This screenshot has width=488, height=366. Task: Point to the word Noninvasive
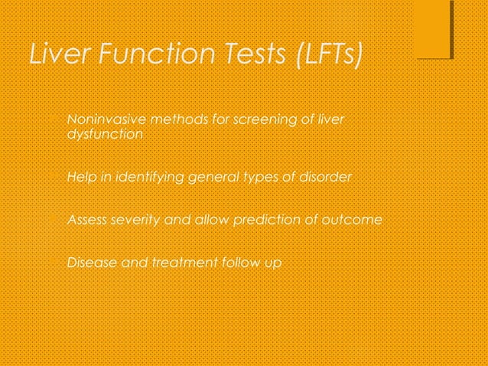107,120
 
